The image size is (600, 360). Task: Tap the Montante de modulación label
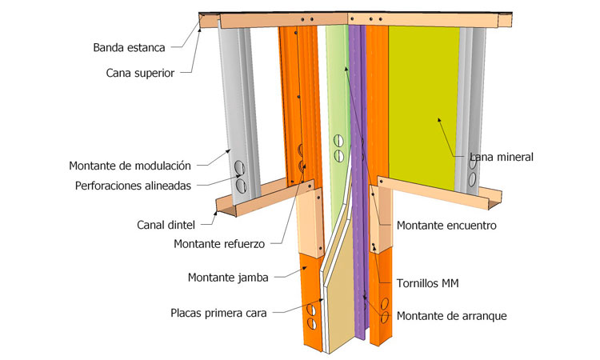130,166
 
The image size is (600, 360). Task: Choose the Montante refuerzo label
219,243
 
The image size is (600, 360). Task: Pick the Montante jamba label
228,278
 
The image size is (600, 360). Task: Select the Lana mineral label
502,157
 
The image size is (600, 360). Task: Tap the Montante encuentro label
446,226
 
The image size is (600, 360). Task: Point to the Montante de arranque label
452,315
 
